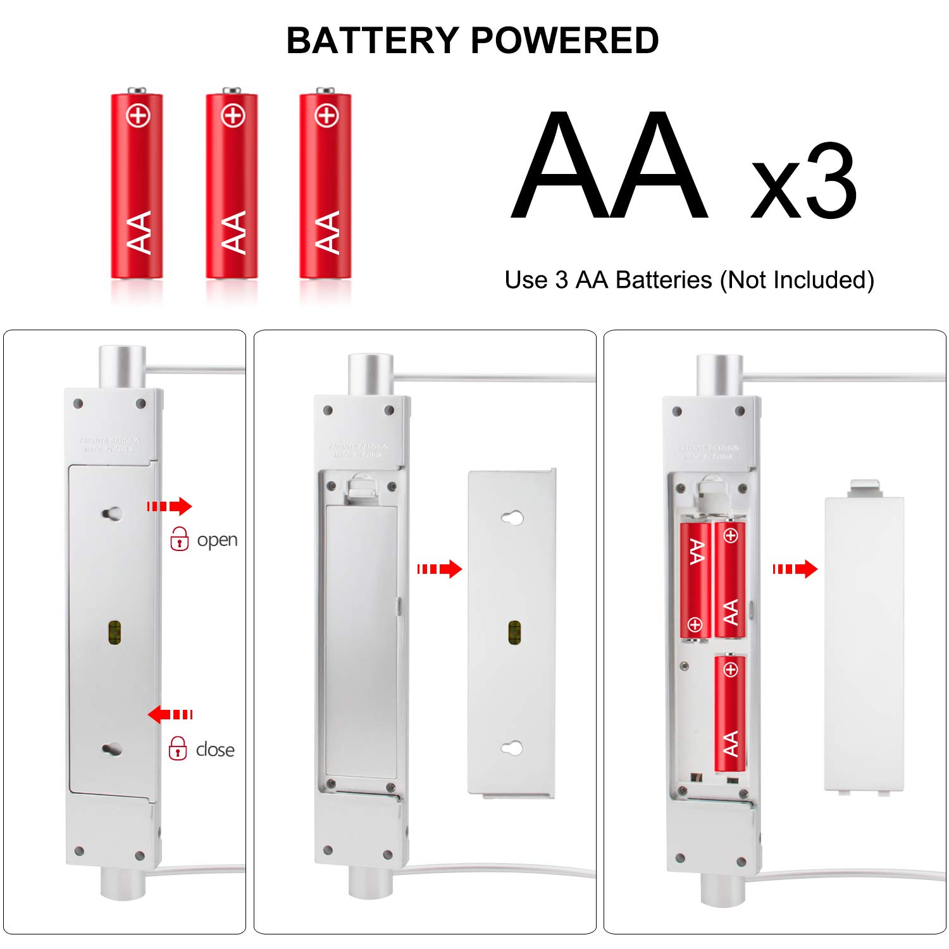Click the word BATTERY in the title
click(372, 40)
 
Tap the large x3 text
click(803, 182)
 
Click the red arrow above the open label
click(170, 506)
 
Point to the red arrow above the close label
click(170, 714)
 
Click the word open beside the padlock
click(217, 540)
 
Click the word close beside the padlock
click(215, 750)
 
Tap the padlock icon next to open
click(180, 539)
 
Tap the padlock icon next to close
click(178, 748)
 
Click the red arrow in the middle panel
click(439, 569)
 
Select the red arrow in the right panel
click(795, 569)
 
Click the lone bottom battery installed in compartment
click(730, 714)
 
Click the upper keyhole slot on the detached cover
click(512, 518)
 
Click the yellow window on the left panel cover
click(115, 632)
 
